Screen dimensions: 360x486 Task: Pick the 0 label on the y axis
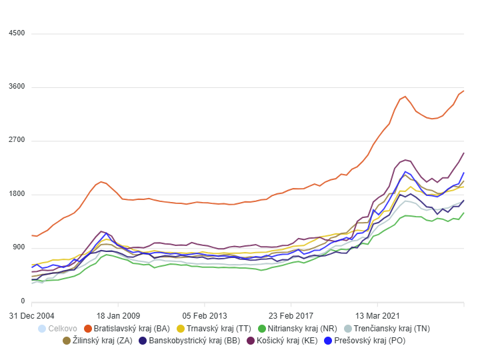point(22,301)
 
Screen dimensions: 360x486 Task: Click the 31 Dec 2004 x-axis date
point(33,315)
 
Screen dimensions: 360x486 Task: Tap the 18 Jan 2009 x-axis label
point(118,315)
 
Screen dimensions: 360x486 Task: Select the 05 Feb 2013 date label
point(205,315)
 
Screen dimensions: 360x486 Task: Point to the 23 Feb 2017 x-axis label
point(291,315)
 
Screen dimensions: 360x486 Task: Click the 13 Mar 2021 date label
point(377,315)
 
